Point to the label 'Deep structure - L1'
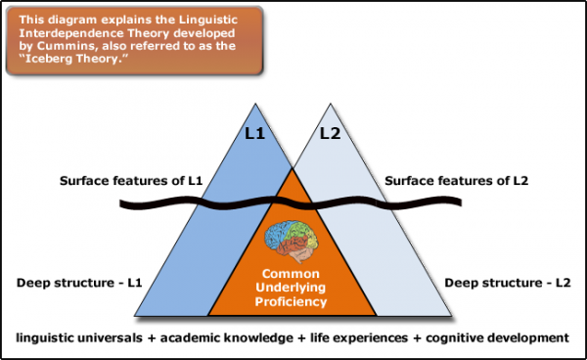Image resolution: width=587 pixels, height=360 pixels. (x=77, y=284)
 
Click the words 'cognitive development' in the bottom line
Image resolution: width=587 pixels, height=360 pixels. (x=498, y=337)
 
